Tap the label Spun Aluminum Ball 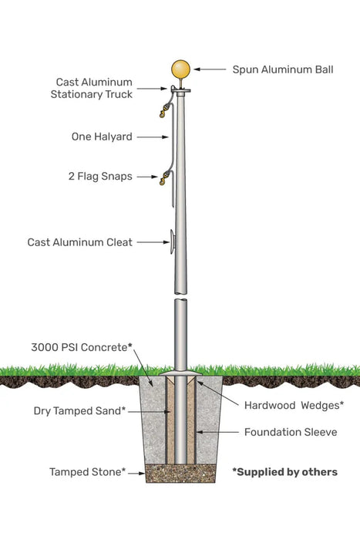coord(283,69)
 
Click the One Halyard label coord(102,137)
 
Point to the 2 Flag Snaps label coord(100,176)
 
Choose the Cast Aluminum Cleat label coord(80,242)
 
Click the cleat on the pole coord(170,241)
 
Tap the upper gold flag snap coord(163,113)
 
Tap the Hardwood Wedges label coord(293,404)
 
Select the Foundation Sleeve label coord(290,432)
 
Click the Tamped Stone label coord(87,471)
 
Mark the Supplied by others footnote coord(284,471)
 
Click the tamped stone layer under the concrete coord(180,473)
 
